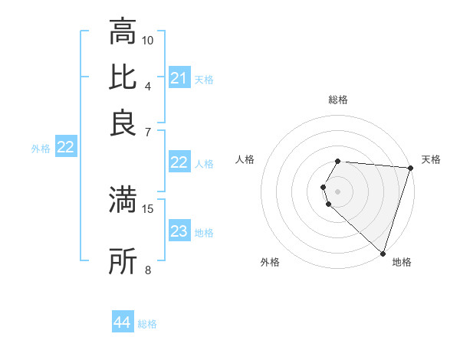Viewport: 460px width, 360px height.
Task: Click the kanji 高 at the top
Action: click(x=123, y=33)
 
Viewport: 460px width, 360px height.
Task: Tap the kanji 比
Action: click(x=123, y=77)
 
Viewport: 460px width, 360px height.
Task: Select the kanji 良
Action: click(x=123, y=123)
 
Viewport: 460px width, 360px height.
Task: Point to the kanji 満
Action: click(x=123, y=200)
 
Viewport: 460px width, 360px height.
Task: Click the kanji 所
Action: click(x=123, y=262)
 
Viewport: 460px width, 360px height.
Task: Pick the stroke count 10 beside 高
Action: click(x=148, y=40)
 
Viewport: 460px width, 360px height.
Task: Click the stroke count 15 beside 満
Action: click(x=148, y=208)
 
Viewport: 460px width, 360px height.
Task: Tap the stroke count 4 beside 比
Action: click(x=148, y=85)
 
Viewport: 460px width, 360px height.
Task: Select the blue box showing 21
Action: click(x=179, y=78)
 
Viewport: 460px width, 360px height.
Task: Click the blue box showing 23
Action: click(x=179, y=232)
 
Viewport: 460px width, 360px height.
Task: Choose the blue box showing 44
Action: click(x=122, y=323)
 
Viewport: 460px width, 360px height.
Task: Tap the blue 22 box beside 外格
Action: click(x=65, y=148)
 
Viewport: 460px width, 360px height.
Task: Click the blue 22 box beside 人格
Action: click(x=179, y=162)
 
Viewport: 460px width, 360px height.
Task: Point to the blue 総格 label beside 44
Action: click(x=147, y=324)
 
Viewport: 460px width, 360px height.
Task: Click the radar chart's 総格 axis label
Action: click(x=338, y=100)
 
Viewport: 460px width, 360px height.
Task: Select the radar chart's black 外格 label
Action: click(x=270, y=262)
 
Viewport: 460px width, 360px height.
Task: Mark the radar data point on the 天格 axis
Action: click(x=410, y=168)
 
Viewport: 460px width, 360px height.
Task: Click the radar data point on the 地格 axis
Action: click(x=383, y=253)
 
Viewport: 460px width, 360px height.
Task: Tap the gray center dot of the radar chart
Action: click(x=338, y=191)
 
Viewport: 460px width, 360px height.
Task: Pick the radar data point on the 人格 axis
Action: click(x=323, y=186)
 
